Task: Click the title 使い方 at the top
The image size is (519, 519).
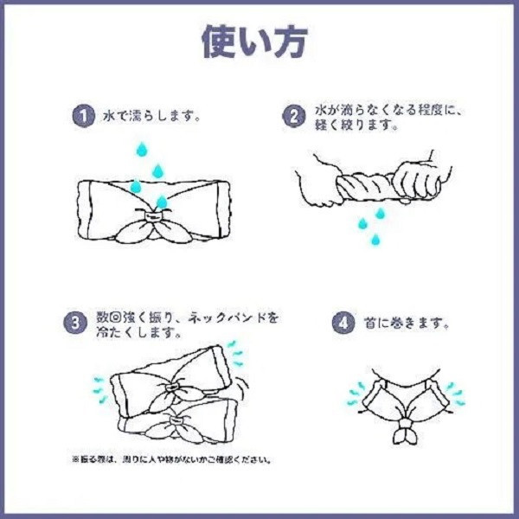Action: [x=255, y=42]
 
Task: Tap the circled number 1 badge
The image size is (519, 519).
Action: [x=84, y=116]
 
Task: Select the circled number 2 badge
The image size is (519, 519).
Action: [x=293, y=116]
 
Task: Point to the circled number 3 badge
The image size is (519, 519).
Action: [x=75, y=323]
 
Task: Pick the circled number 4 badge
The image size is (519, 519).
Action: [x=343, y=323]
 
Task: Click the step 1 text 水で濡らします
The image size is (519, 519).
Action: [x=152, y=117]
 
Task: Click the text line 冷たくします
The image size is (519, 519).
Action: [x=138, y=332]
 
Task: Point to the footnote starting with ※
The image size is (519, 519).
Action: [x=172, y=459]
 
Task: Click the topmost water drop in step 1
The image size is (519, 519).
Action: [x=142, y=150]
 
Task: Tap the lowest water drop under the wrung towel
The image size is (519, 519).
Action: [x=375, y=240]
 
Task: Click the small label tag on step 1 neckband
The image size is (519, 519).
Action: [x=152, y=216]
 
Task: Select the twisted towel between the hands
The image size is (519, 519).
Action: [x=367, y=188]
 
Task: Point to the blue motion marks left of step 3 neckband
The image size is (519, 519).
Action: [x=99, y=389]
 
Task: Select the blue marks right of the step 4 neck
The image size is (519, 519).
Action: [x=456, y=394]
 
